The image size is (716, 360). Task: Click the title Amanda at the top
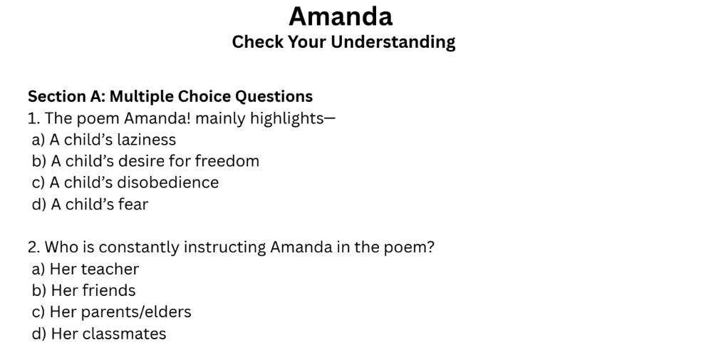341,16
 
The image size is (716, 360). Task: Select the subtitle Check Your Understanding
343,42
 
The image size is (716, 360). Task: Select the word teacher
110,269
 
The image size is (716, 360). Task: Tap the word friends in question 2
108,291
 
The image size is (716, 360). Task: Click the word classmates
124,334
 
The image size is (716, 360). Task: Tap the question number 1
32,118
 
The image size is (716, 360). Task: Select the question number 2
33,248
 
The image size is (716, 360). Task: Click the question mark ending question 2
431,248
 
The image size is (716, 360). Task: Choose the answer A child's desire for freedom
145,161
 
